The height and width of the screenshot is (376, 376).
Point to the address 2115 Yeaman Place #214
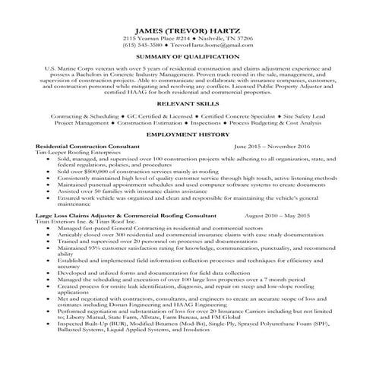point(156,37)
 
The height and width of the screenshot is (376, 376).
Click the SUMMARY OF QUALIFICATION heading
point(188,57)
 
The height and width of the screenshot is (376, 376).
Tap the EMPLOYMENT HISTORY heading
point(188,134)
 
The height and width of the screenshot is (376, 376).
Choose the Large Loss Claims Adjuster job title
point(76,216)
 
